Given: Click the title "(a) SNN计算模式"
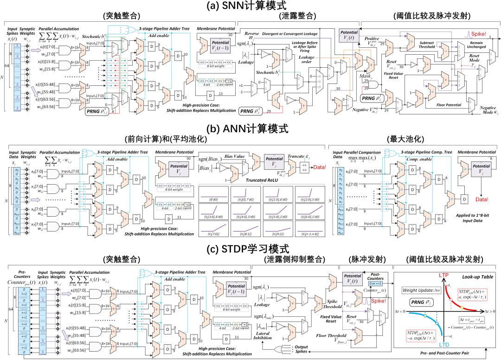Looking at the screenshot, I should tap(250, 6).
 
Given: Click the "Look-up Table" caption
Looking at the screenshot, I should tap(478, 277).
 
